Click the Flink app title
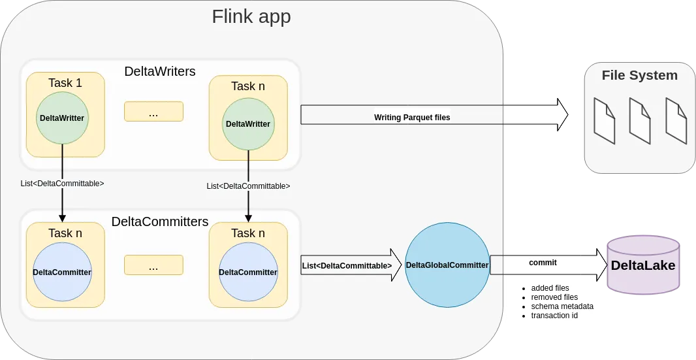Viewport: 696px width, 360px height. (x=251, y=16)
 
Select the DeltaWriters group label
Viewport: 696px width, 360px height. (x=159, y=71)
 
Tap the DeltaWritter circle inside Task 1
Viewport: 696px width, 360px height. (x=62, y=118)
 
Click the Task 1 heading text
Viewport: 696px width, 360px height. (x=65, y=83)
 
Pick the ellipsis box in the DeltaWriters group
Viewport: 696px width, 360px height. (x=153, y=112)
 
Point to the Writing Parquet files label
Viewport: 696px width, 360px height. (x=412, y=118)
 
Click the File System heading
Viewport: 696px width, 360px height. (x=639, y=75)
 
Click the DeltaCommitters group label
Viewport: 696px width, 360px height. (x=160, y=221)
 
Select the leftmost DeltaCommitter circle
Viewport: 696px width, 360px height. (x=62, y=272)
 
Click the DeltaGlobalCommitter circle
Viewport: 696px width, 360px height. (x=447, y=265)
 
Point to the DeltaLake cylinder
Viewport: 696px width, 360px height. (x=642, y=266)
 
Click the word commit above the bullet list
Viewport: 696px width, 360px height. (x=543, y=262)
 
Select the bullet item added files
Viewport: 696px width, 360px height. (x=550, y=288)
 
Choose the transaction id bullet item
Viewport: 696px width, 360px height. (x=554, y=316)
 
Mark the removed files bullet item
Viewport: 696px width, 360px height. (x=554, y=297)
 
